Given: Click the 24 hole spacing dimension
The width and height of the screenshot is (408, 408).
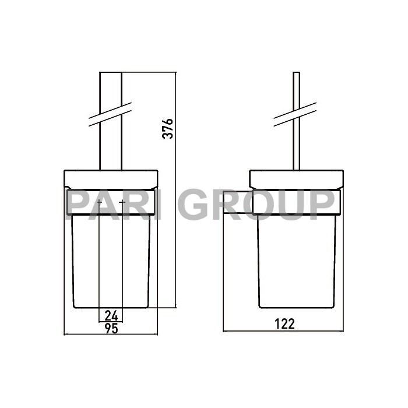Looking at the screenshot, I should click(x=111, y=315).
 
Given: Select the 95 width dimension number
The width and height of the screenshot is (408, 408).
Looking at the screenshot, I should click(x=111, y=328).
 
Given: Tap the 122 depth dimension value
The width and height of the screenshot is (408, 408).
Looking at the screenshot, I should click(x=283, y=324).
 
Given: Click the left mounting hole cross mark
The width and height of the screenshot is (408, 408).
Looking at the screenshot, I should click(x=100, y=202).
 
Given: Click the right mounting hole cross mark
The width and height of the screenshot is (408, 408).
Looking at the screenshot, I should click(x=122, y=202).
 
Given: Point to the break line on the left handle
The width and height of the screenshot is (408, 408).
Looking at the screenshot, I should click(x=111, y=115).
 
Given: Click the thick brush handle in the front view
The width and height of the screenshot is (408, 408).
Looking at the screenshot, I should click(x=111, y=146).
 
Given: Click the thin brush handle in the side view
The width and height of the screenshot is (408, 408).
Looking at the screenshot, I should click(x=296, y=146).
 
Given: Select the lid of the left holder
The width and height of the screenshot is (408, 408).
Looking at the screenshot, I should click(x=111, y=178).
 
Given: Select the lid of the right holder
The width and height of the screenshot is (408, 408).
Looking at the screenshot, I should click(x=296, y=178).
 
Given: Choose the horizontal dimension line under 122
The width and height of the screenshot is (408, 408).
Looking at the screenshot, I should click(x=283, y=332).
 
